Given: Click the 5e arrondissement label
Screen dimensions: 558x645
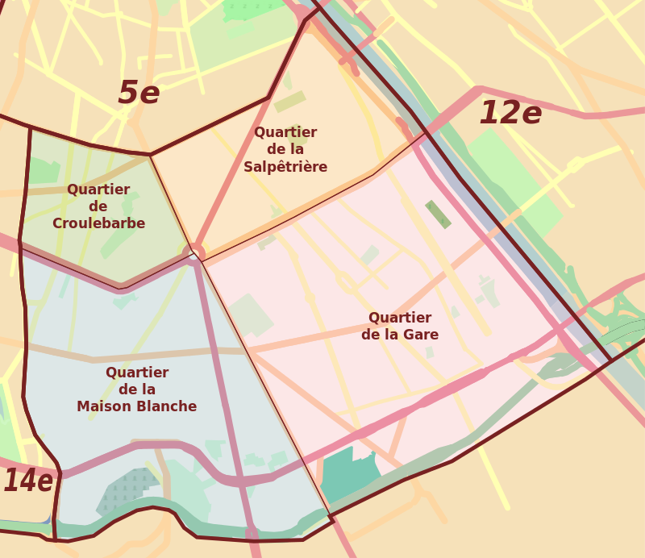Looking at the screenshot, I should [139, 94].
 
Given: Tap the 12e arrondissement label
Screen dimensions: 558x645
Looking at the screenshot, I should [510, 113].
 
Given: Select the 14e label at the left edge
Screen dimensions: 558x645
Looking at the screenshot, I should [27, 481].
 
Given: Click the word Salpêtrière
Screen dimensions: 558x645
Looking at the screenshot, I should [285, 167].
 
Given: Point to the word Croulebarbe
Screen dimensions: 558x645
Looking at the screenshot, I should [98, 223].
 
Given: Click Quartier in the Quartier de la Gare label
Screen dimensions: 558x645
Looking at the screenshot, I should [400, 318].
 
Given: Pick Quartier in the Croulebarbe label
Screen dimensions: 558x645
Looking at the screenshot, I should [98, 189].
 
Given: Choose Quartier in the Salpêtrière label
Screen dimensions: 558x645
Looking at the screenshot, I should [285, 132].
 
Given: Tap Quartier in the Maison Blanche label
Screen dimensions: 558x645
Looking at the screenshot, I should [137, 373].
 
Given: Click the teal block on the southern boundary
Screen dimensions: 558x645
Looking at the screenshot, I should [347, 476].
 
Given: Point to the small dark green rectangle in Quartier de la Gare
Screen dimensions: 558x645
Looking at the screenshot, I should [438, 214].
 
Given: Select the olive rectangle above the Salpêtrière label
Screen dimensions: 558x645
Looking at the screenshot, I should [289, 102].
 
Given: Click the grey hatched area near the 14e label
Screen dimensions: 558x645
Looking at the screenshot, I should [125, 492].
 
